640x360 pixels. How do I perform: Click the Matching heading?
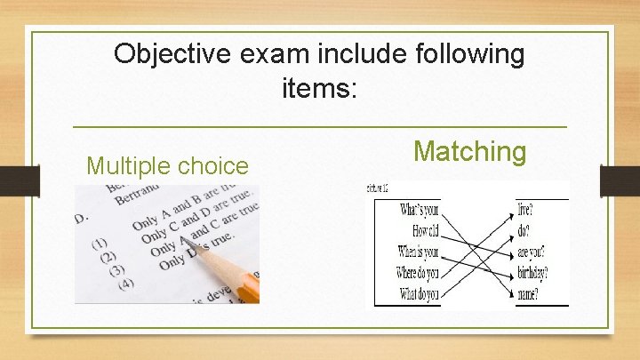[470, 151]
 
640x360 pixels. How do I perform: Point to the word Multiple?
[127, 165]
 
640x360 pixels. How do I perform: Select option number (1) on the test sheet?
[100, 243]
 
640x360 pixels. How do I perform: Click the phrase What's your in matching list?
[419, 210]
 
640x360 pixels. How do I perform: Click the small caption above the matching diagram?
[377, 188]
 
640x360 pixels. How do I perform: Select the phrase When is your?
[418, 252]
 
